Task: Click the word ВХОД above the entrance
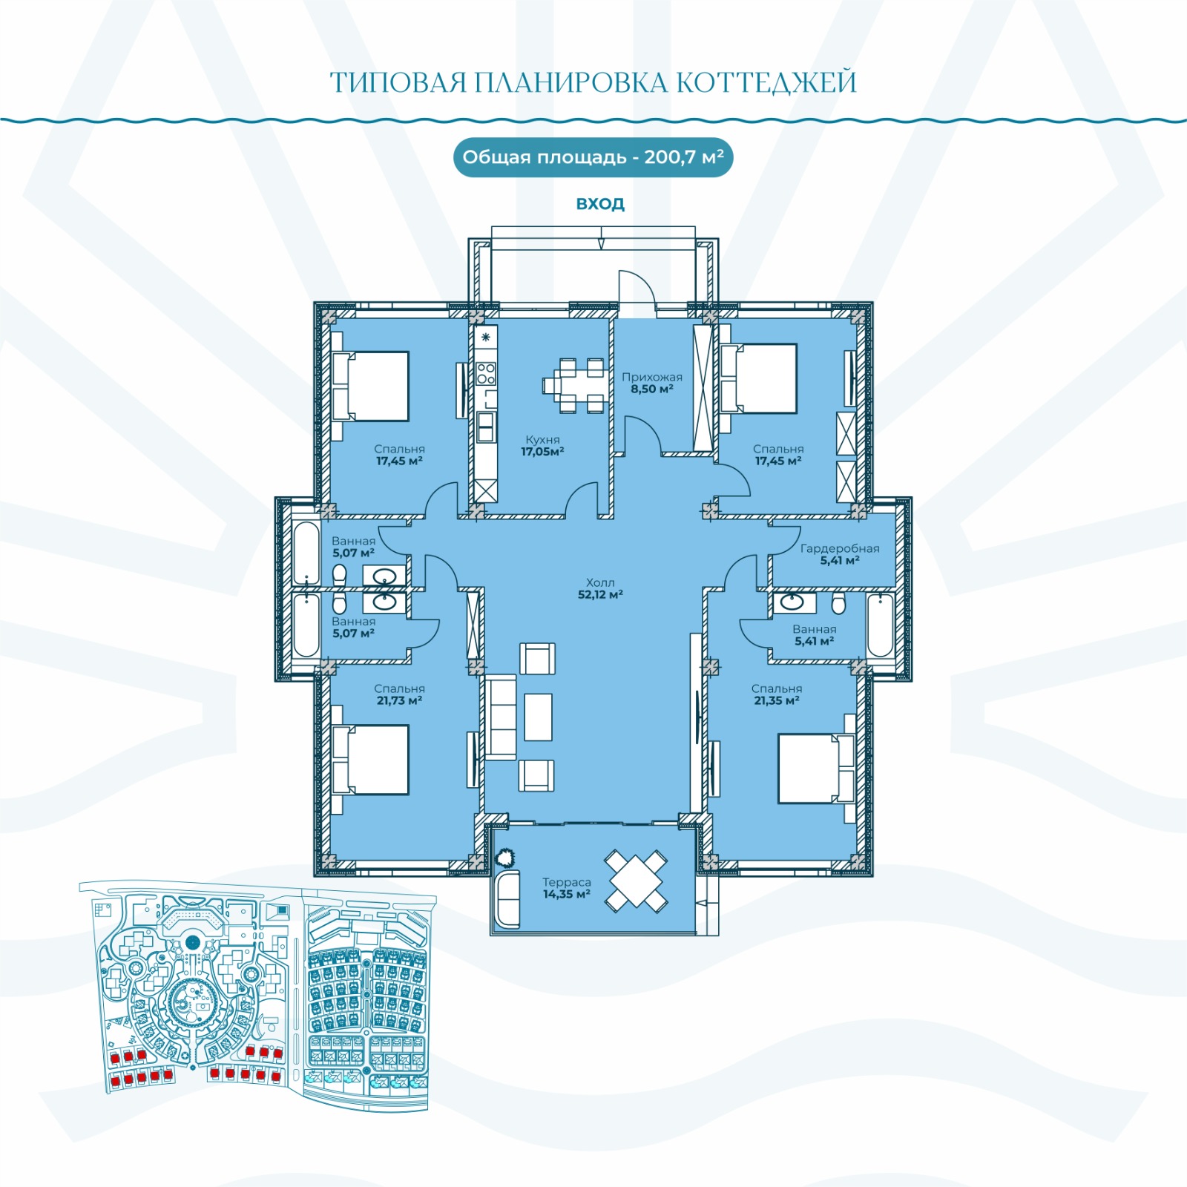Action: (600, 203)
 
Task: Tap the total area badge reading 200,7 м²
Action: (593, 157)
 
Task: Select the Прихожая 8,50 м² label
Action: (652, 383)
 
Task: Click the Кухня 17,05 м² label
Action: (542, 446)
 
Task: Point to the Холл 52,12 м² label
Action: (600, 588)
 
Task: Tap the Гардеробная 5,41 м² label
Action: (840, 554)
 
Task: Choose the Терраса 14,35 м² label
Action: (567, 888)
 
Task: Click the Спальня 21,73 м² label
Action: (399, 694)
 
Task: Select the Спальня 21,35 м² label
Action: (777, 694)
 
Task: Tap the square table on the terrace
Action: (636, 881)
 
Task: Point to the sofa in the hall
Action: (501, 717)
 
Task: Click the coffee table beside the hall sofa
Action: (538, 717)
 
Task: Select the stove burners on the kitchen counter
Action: (486, 373)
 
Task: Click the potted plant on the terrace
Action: (506, 858)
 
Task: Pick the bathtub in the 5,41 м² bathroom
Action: (881, 625)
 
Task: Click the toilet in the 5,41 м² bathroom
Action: (838, 604)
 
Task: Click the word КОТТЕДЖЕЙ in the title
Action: (767, 82)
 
